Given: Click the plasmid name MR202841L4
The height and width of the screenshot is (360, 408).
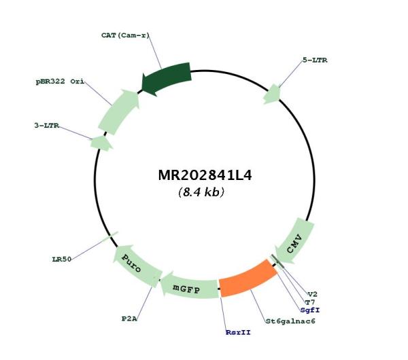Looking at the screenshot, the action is click(205, 175).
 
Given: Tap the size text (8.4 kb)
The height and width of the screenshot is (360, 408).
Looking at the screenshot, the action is click(201, 192).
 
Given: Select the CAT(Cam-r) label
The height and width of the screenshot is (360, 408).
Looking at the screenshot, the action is click(125, 35).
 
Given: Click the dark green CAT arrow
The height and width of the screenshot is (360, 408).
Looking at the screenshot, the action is click(167, 77).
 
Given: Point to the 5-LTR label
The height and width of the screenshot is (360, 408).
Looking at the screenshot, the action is click(315, 60).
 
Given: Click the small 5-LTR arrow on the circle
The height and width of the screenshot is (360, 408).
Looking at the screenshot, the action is click(272, 94).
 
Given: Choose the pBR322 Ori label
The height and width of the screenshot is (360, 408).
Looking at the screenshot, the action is click(60, 82).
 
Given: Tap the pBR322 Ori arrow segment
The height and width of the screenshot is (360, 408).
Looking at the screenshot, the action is click(119, 112).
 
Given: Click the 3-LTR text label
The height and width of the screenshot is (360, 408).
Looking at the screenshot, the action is click(47, 126).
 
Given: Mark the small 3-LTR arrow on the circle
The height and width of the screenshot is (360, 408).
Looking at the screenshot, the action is click(101, 143).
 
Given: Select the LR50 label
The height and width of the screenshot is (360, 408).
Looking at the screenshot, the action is click(62, 259).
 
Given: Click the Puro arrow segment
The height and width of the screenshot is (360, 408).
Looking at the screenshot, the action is click(137, 266).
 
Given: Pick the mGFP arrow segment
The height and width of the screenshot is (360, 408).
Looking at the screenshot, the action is click(190, 287).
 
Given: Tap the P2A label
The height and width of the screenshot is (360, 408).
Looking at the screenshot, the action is click(129, 319).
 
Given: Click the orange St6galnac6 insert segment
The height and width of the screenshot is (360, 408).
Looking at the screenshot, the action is click(248, 278).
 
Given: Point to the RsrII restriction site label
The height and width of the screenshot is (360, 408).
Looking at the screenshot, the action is click(238, 332).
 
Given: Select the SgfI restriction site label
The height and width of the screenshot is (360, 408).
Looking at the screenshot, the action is click(310, 310).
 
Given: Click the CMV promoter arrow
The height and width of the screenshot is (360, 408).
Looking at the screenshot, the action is click(296, 242).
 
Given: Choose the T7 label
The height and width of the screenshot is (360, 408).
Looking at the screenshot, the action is click(310, 302).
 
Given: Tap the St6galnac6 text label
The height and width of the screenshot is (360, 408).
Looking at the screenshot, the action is click(290, 321).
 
